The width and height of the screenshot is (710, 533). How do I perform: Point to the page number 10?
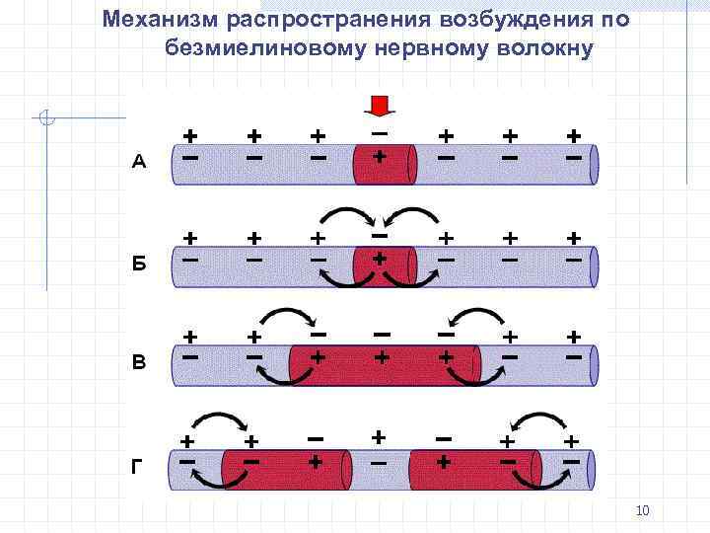coord(643,510)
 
